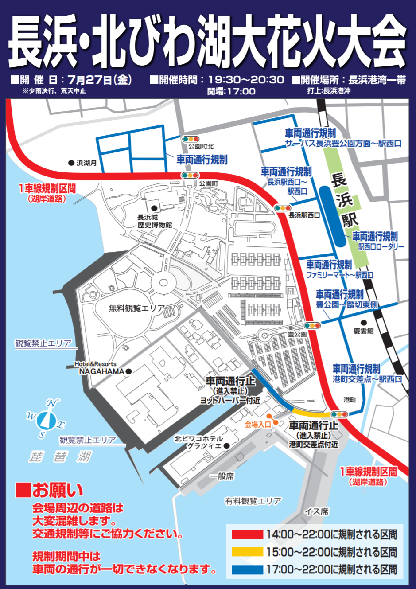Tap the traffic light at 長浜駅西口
[x=282, y=208]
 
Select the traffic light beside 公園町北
[x=191, y=139]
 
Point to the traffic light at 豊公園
[x=312, y=326]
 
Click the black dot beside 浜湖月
[x=71, y=163]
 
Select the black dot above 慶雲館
[x=363, y=323]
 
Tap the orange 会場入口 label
[x=258, y=425]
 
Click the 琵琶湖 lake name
[x=60, y=456]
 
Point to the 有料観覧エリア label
[x=253, y=501]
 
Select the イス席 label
[x=317, y=511]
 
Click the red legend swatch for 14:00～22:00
[x=247, y=534]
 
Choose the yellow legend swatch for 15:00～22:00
[x=247, y=552]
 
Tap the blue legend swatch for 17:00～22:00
[x=247, y=569]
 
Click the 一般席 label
[x=222, y=476]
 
